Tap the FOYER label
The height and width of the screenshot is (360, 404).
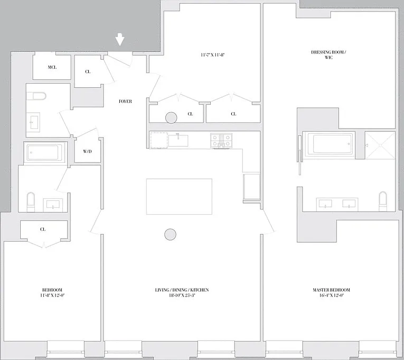point(125,101)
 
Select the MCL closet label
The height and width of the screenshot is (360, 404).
point(52,67)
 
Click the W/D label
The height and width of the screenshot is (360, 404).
point(87,151)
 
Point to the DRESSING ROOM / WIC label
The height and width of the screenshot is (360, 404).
point(328,54)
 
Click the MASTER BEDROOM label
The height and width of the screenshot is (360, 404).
point(331,290)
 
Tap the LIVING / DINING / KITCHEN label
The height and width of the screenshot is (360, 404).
point(182,290)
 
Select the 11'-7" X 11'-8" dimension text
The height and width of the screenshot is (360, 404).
point(213,54)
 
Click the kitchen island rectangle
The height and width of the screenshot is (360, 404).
point(179,197)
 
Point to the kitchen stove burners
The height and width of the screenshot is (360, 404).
point(221,141)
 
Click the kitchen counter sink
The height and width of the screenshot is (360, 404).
point(178,140)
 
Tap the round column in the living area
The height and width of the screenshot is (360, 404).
point(170,234)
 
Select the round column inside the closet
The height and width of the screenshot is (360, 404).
point(171,118)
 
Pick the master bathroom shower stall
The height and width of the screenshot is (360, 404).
point(380,145)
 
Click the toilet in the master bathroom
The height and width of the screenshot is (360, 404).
point(383,201)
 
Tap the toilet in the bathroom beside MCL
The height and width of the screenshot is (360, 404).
point(37,96)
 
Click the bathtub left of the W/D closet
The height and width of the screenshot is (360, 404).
point(44,152)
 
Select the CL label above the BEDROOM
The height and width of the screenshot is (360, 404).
point(43,229)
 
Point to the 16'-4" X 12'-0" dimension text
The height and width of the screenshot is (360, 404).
point(332,296)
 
